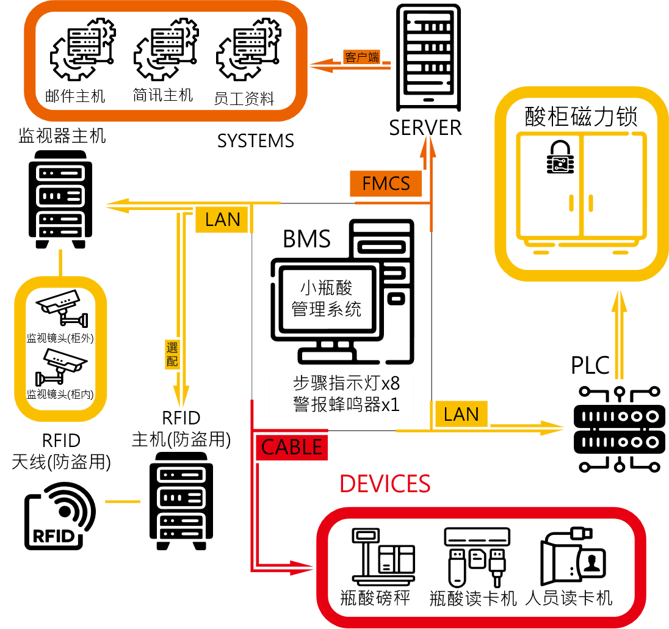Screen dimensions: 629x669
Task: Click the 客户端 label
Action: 362,57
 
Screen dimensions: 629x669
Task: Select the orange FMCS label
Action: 386,183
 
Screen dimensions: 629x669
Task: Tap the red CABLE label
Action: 291,448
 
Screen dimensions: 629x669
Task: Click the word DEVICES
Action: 385,484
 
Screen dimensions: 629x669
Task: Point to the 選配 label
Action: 172,355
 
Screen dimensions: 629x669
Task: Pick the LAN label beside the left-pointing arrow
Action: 222,220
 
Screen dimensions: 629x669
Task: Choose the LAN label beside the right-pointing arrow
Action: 461,415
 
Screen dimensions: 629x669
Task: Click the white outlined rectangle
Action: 341,397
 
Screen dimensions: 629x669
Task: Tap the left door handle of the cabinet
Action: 572,203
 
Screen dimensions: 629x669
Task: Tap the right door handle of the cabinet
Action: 591,203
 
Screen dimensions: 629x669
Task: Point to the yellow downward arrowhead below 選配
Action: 181,396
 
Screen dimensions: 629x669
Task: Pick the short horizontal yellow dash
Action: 123,501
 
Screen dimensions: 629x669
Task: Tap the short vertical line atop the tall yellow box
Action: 60,263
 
